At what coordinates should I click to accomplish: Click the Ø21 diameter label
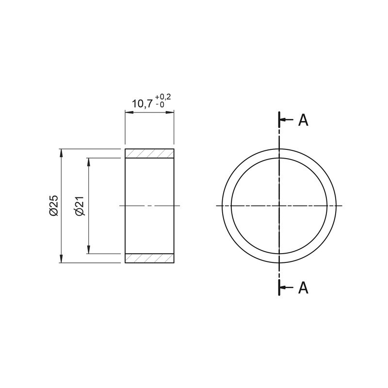tap(80, 206)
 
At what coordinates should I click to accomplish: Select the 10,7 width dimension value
tap(142, 103)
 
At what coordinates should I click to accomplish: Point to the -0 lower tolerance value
tap(160, 105)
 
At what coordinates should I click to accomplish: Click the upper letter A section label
tap(303, 120)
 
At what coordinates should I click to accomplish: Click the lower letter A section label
tap(303, 288)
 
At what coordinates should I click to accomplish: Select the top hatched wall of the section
tap(149, 153)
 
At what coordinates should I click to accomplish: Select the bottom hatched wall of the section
tap(149, 258)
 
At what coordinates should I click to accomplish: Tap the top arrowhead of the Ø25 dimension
tap(61, 152)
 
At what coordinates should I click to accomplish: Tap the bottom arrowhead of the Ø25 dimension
tap(61, 259)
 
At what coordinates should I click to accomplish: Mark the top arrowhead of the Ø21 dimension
tap(88, 162)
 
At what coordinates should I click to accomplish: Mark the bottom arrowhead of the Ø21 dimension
tap(88, 250)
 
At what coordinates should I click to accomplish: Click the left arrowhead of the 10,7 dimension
tap(129, 112)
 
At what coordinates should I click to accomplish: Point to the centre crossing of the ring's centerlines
tap(279, 206)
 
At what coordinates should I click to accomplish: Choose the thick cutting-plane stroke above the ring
tap(279, 120)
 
